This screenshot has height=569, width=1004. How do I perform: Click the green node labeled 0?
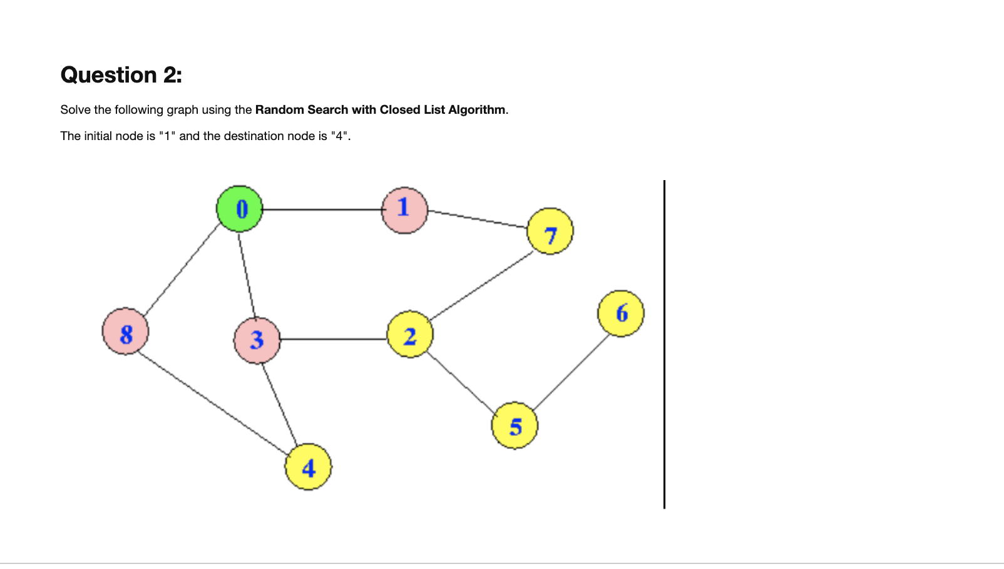[x=240, y=209]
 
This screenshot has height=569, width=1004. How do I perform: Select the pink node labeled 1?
[x=404, y=210]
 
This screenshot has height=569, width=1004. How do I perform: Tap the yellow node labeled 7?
[x=550, y=231]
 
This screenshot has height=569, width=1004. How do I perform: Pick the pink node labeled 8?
[x=126, y=331]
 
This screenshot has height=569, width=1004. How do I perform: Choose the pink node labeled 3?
[x=257, y=340]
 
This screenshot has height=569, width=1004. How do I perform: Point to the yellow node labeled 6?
[x=621, y=313]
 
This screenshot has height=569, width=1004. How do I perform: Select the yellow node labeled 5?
[x=515, y=426]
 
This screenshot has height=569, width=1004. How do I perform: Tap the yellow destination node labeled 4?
[x=308, y=467]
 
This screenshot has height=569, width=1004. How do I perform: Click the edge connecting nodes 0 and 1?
[x=322, y=209]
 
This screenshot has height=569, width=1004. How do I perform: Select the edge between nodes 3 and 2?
[x=333, y=339]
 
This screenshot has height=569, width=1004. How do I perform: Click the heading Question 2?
[x=121, y=75]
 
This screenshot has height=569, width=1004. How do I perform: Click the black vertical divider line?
[x=664, y=344]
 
